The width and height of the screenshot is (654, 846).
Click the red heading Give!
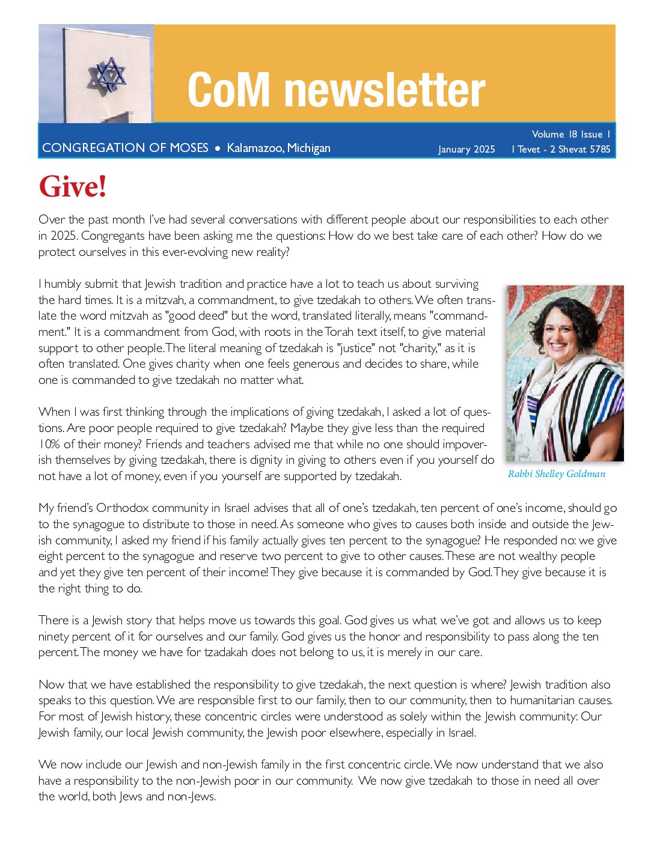coord(73,186)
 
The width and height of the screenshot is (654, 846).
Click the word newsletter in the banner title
coord(384,90)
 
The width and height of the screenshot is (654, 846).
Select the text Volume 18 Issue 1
coord(570,134)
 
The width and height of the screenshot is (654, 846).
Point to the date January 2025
coord(466,149)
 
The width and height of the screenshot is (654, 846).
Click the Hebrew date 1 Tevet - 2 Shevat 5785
coord(561,149)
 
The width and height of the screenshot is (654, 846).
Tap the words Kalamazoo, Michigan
coord(278,148)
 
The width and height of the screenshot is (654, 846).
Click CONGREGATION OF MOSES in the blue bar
coord(125,148)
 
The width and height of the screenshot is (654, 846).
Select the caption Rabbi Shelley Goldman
coord(557,474)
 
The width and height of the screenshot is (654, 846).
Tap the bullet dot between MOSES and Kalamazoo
coord(218,148)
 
